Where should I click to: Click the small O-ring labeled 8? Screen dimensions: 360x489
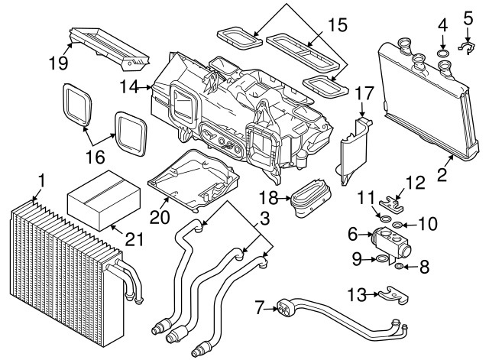[x=399, y=266]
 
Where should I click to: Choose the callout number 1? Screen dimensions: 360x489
[x=43, y=181]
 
